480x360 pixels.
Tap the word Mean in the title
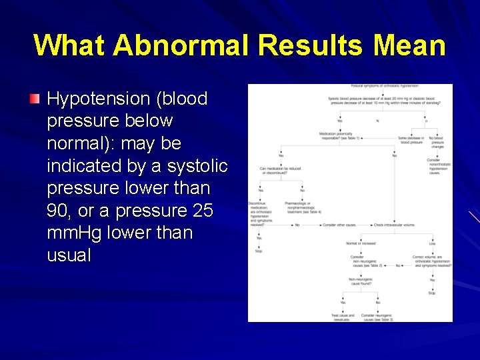409,45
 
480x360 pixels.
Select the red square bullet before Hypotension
35,99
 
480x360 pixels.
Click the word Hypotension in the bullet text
99,99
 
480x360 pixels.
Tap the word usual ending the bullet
69,255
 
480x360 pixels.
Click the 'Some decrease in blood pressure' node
411,140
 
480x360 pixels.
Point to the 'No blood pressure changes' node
437,142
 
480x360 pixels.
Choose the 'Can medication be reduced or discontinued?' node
280,170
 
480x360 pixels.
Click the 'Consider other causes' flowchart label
339,225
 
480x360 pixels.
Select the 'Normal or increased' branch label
360,243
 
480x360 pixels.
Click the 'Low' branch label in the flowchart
432,243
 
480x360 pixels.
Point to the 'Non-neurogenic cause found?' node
361,281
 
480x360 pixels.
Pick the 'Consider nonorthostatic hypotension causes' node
438,166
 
